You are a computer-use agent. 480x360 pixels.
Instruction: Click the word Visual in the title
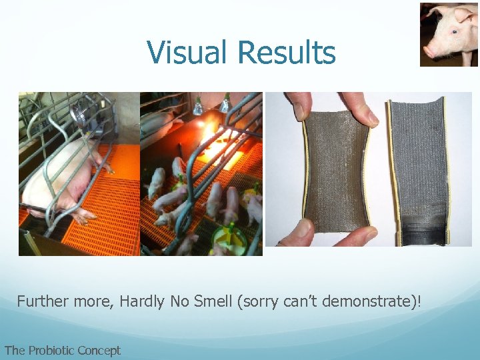click(187, 53)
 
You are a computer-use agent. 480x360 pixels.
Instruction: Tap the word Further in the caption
click(41, 301)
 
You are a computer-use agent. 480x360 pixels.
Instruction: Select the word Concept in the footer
click(99, 350)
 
